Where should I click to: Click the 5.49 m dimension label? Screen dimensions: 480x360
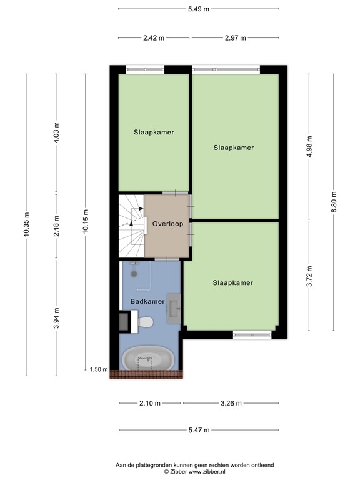[x=199, y=9]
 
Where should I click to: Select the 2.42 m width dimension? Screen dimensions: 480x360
[x=153, y=38]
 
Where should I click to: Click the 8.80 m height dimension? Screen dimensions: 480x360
[x=333, y=202]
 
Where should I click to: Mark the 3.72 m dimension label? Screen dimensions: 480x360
[x=308, y=276]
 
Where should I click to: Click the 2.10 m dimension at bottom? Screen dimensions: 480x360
[x=149, y=403]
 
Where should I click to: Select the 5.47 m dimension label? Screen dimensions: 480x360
[x=198, y=430]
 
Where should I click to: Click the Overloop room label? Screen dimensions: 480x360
[x=167, y=224]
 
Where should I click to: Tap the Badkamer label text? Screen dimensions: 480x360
[x=147, y=302]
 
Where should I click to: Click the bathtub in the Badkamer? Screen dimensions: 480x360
[x=148, y=359]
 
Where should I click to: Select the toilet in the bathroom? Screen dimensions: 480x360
[x=144, y=322]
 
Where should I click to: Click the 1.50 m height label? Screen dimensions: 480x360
[x=99, y=370]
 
